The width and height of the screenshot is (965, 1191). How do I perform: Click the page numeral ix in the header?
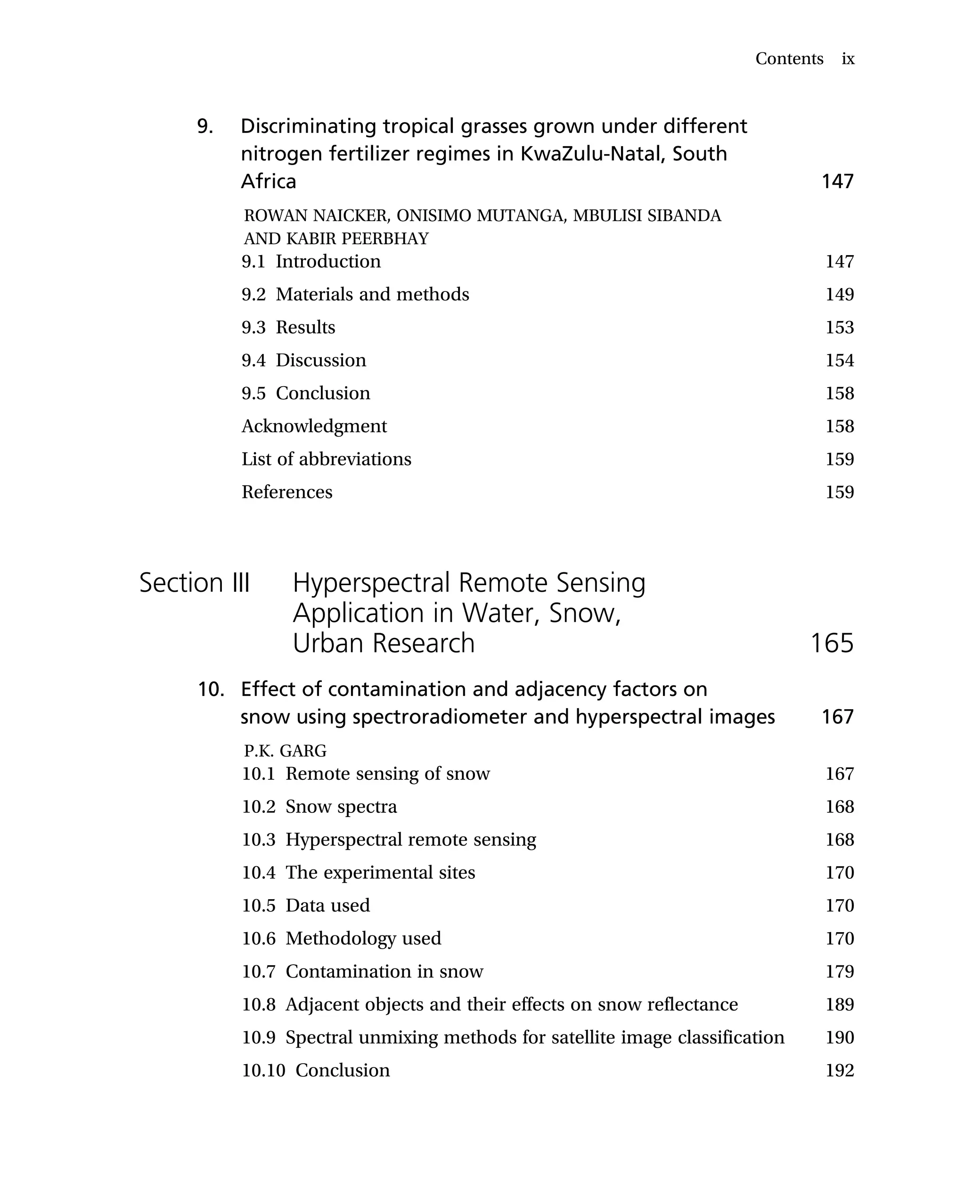click(848, 59)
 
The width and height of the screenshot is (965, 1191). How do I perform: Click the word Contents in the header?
click(789, 58)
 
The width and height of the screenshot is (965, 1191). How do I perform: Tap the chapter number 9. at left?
click(205, 127)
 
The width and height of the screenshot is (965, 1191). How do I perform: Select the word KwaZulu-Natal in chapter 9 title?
click(591, 154)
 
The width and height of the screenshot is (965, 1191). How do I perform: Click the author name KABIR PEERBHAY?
click(358, 239)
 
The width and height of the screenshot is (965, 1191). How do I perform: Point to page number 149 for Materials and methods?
click(839, 294)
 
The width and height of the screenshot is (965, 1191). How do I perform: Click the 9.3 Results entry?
click(288, 327)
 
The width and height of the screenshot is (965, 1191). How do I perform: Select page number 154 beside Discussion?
click(839, 360)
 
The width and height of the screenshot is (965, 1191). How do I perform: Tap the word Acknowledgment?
click(314, 426)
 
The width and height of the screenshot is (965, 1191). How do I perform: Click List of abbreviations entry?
click(326, 459)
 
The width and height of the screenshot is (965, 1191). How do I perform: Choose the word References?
click(287, 492)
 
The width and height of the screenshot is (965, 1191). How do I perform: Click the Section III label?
click(194, 583)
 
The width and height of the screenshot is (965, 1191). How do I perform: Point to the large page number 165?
click(831, 643)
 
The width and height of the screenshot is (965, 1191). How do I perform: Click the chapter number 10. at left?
click(211, 690)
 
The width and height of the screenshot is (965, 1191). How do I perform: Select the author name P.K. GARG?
click(285, 751)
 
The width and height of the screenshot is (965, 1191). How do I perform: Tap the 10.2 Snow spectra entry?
click(319, 807)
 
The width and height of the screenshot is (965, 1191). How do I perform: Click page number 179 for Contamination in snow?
click(839, 971)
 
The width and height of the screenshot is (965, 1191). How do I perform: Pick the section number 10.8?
click(259, 1005)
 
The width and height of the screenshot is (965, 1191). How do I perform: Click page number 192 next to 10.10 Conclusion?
click(839, 1070)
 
